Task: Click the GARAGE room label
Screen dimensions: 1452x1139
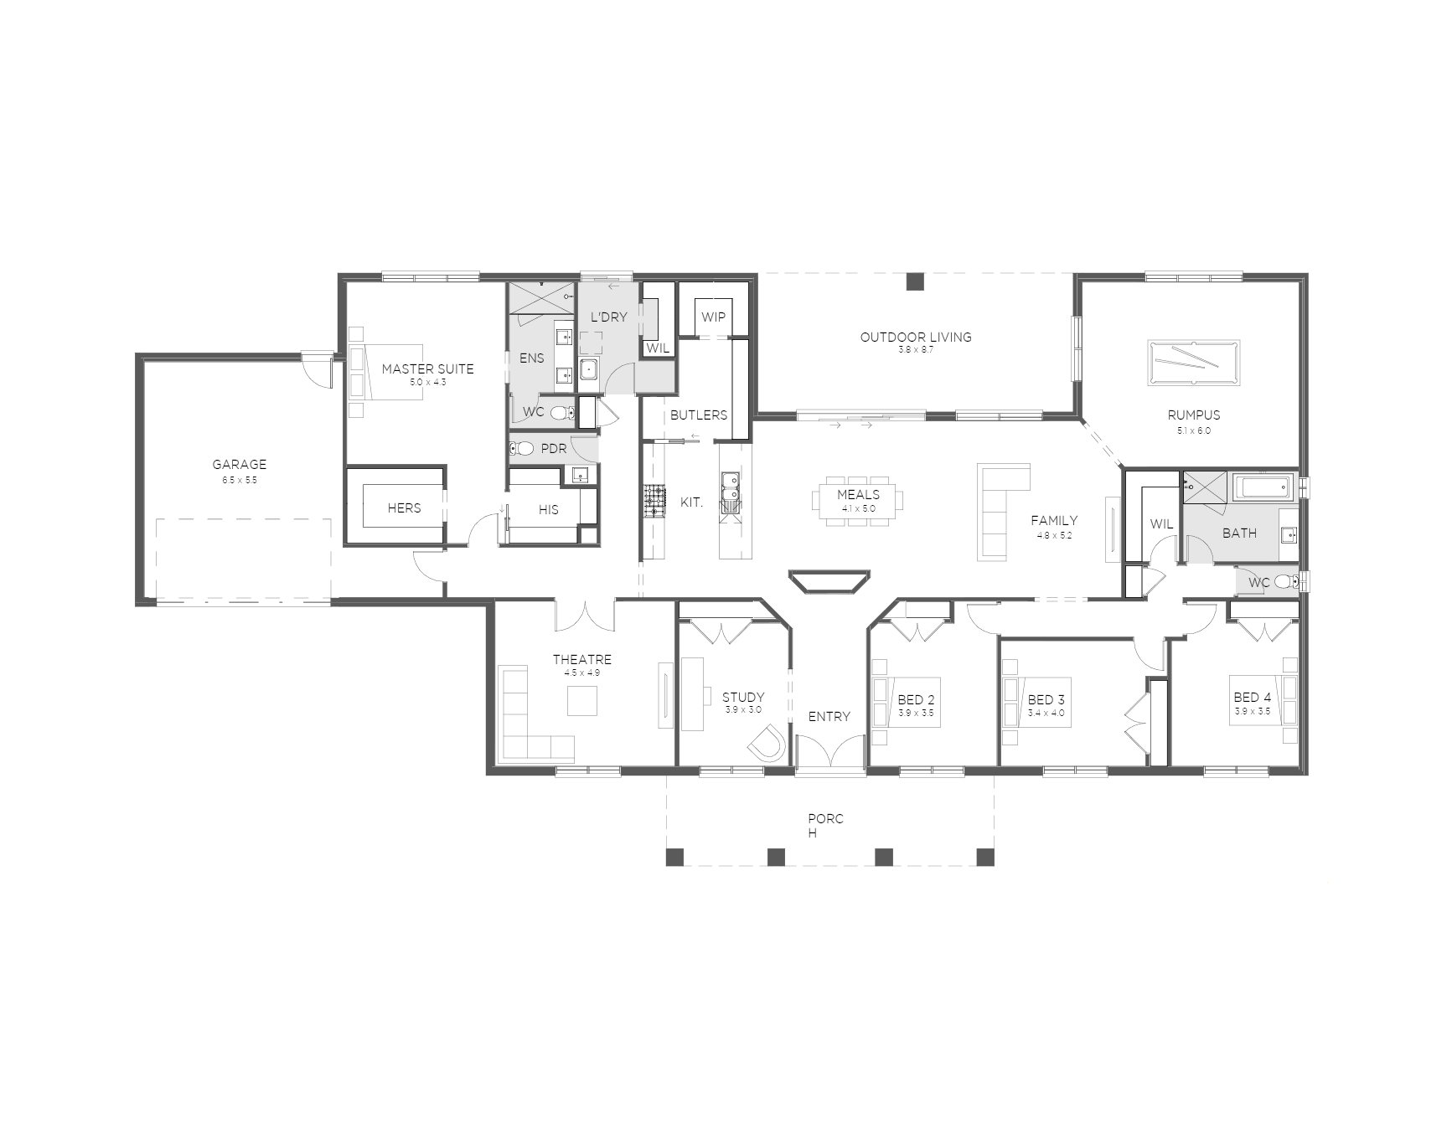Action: [x=239, y=464]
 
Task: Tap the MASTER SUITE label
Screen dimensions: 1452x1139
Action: [x=427, y=368]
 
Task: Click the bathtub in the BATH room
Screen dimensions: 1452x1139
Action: [x=1263, y=487]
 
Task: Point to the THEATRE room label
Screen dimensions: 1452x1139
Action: [x=581, y=660]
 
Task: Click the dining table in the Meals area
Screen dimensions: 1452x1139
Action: [x=858, y=504]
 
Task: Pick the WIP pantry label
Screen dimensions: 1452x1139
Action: [x=713, y=317]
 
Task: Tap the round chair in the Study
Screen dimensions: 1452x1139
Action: [x=766, y=743]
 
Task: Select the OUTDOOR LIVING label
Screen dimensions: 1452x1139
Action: [x=916, y=337]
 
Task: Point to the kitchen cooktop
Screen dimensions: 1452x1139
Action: [x=654, y=502]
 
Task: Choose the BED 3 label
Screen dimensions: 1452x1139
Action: [x=1046, y=700]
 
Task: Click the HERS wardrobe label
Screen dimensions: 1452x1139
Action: [x=404, y=508]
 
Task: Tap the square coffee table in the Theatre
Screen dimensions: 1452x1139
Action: [x=582, y=700]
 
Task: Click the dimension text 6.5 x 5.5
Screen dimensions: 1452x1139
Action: [x=239, y=480]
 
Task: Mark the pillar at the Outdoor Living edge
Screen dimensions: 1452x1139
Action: [x=916, y=281]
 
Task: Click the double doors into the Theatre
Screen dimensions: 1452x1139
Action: [x=585, y=615]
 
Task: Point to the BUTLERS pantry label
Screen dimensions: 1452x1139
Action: [x=699, y=415]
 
